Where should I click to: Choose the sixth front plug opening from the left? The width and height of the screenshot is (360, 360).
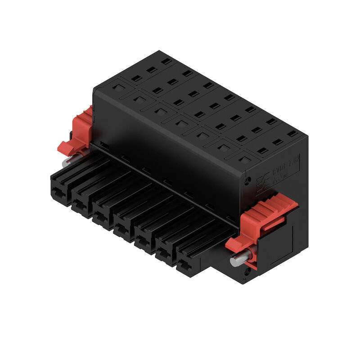pos(165,255)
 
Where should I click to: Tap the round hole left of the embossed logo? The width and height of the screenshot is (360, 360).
pos(247,182)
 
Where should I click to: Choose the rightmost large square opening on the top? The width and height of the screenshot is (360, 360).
pos(243,159)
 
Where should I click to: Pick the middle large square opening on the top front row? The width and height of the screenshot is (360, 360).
pos(182,121)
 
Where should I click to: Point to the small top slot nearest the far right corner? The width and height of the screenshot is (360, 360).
pos(292,134)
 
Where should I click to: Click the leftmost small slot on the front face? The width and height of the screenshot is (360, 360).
pos(104,144)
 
